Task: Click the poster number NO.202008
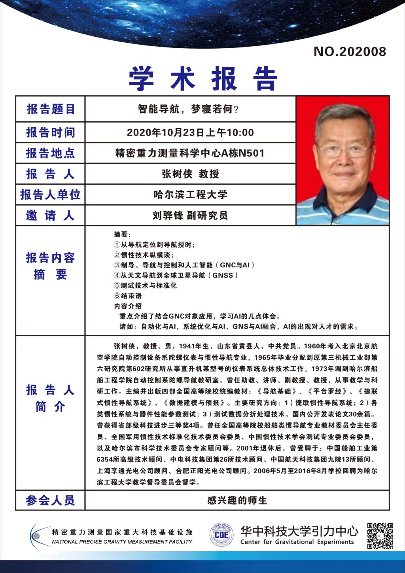[x=349, y=51]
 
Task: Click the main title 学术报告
[x=203, y=78]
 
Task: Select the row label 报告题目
[x=50, y=109]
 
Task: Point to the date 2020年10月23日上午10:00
[x=190, y=132]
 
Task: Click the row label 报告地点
[x=50, y=153]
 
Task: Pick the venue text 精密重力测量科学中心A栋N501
[x=190, y=153]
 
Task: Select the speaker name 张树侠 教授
[x=190, y=174]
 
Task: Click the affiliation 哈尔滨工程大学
[x=190, y=195]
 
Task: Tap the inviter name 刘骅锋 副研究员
[x=190, y=216]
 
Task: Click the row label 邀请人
[x=50, y=216]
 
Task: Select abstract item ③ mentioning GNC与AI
[x=184, y=265]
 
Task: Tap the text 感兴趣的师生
[x=237, y=500]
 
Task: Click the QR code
[x=380, y=535]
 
